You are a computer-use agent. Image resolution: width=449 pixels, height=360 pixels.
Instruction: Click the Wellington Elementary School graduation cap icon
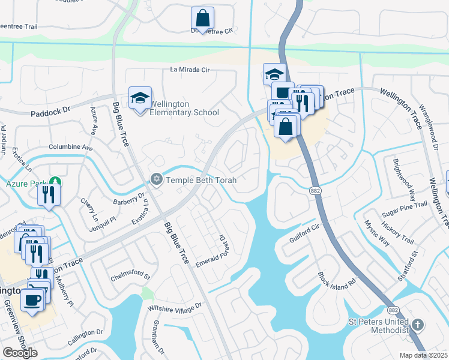(139, 98)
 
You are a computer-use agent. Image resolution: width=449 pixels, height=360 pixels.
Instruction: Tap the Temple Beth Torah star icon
(156, 179)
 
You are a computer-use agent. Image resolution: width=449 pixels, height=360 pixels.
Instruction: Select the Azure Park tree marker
(55, 181)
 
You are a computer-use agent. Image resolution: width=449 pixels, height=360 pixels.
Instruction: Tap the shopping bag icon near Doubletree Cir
(203, 18)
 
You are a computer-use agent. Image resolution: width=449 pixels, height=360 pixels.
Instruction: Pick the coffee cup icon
(32, 299)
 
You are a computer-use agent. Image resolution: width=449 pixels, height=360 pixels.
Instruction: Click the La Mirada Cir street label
(190, 70)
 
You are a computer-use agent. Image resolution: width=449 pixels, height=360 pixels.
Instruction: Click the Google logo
(20, 353)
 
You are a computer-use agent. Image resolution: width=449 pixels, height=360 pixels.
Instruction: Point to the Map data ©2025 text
(424, 355)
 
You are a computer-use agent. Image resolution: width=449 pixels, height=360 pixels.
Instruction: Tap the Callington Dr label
(85, 337)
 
